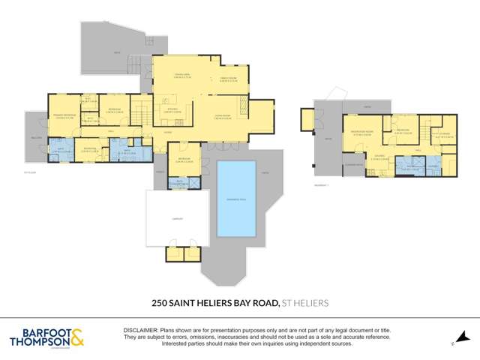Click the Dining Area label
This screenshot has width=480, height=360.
tap(180, 74)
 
